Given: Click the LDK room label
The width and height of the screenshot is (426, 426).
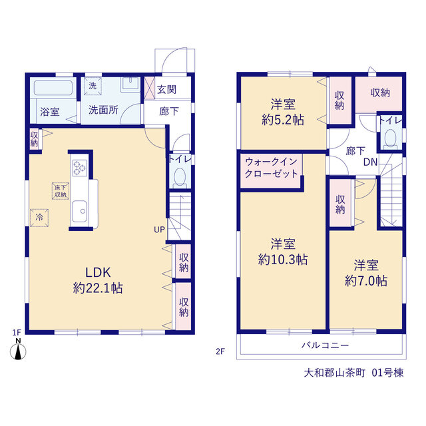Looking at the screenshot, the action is [x=98, y=272].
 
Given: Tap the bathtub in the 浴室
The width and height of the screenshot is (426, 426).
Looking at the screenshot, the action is [x=53, y=87].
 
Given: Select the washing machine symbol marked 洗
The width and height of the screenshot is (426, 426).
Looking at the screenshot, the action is [x=93, y=86].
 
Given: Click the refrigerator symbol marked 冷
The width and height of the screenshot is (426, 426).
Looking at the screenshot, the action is [x=39, y=218].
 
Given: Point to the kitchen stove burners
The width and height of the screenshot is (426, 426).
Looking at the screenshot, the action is [x=80, y=168].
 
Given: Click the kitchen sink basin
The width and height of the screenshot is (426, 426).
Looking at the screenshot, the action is [x=80, y=212].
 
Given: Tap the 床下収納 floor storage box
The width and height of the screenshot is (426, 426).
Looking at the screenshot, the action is [x=61, y=191].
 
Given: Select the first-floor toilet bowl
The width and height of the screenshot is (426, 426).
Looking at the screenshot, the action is [x=180, y=177].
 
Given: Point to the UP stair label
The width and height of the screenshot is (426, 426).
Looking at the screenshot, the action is [x=159, y=230].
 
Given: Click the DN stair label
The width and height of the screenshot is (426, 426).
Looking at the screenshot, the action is [x=370, y=162].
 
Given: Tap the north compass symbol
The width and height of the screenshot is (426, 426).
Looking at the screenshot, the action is [x=18, y=352].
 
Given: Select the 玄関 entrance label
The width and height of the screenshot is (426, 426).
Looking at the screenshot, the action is [x=166, y=89].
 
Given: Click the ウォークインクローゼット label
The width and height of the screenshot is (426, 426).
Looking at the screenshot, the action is [x=271, y=168].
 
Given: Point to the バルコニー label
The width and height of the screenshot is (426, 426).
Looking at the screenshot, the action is [x=325, y=345].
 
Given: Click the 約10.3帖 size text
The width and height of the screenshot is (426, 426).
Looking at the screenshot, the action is [x=282, y=260].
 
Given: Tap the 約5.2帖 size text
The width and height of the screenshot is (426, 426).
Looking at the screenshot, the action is [x=282, y=120].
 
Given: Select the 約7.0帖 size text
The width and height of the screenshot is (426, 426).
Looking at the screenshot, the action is [x=366, y=281].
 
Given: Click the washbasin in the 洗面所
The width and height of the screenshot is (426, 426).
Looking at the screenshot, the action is [x=130, y=83].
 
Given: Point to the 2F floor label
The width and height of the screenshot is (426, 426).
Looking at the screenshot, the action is [x=220, y=351].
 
